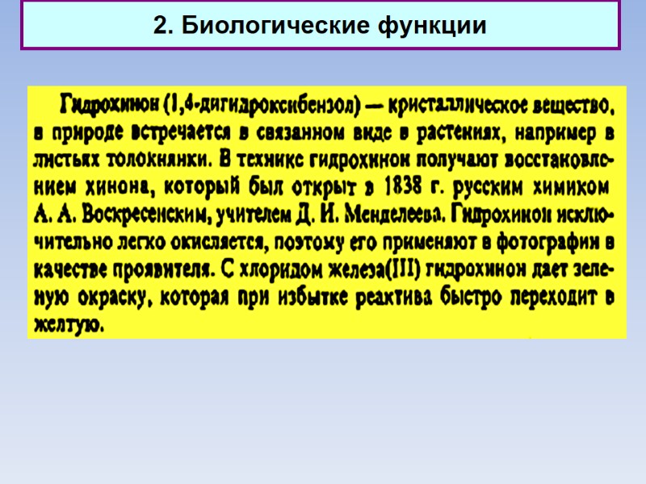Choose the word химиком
tap(570, 187)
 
